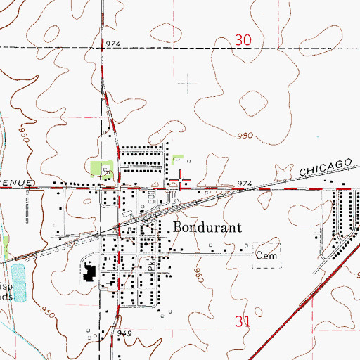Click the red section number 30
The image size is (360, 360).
pos(243,41)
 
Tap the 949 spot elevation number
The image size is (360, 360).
pos(125,333)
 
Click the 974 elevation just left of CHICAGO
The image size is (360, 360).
pos(243,184)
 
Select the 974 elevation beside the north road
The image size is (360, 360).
pos(114,44)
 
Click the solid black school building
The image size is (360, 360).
pos(89,271)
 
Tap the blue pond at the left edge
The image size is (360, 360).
pos(19,282)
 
